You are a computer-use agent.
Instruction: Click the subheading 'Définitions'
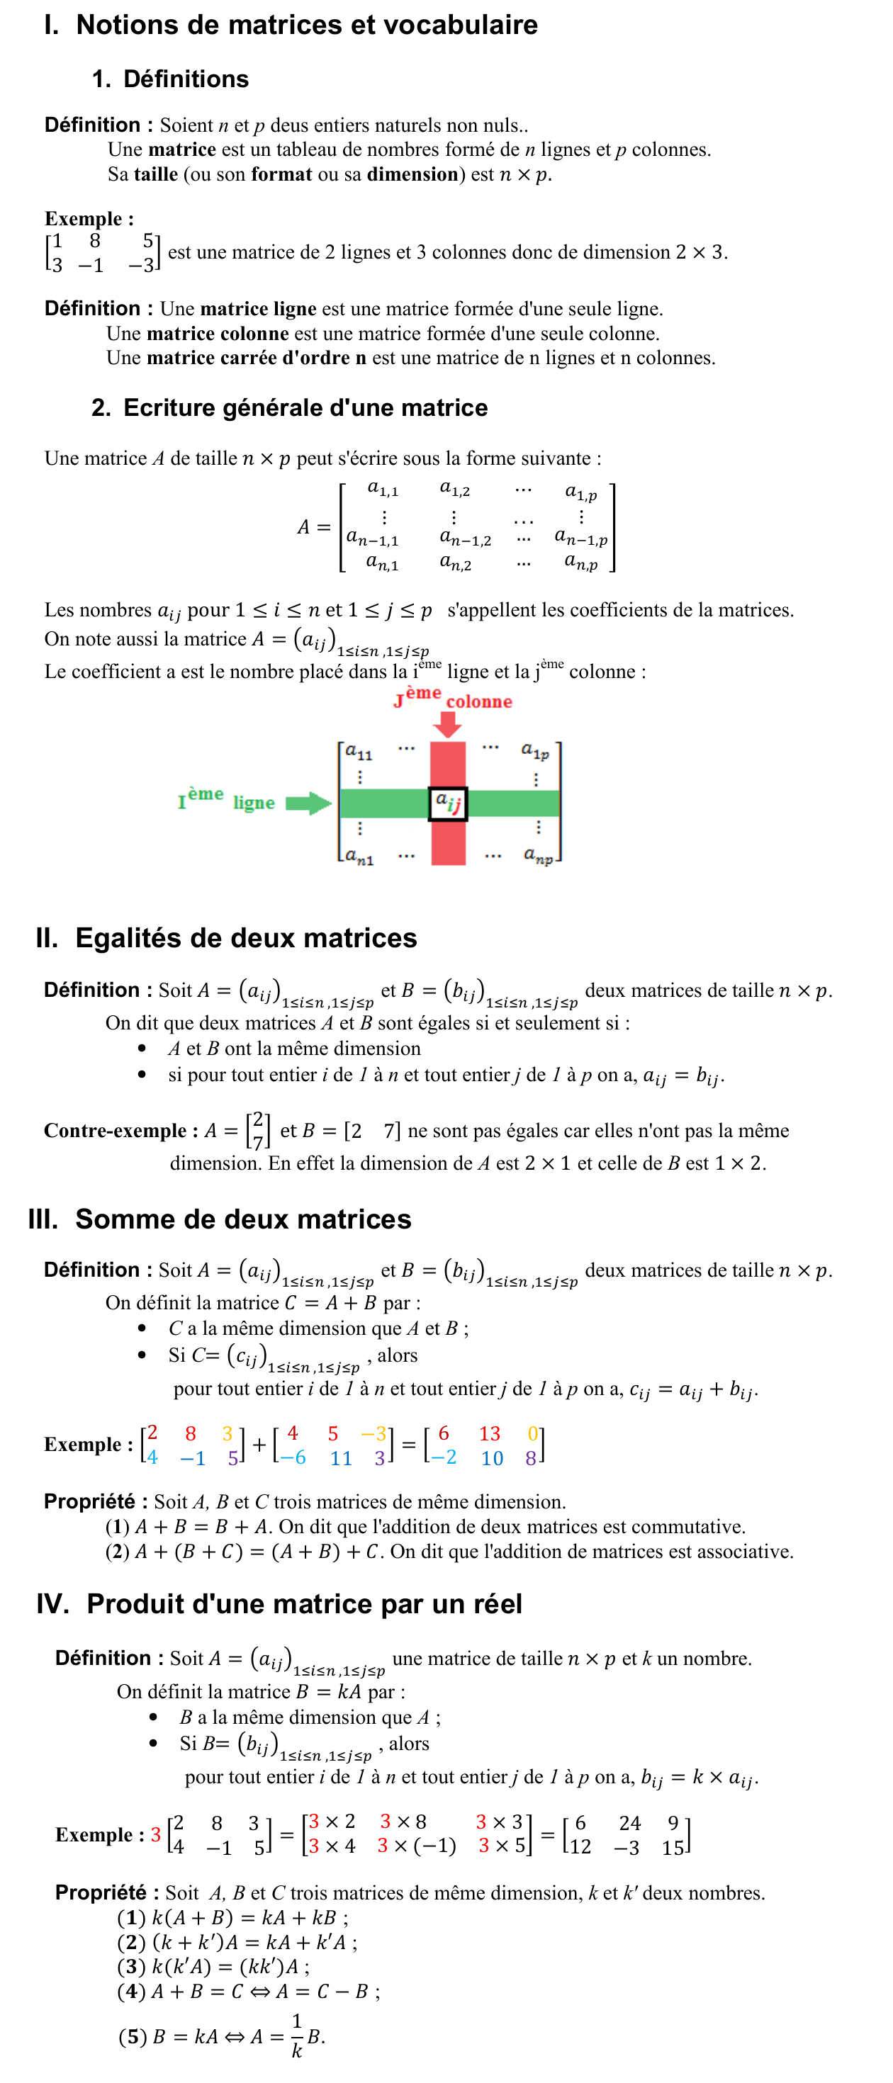coord(185,79)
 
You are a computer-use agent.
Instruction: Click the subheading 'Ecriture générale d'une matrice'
coord(305,407)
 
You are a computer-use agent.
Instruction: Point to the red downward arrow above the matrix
coord(447,723)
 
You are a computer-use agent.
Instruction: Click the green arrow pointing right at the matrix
coord(308,803)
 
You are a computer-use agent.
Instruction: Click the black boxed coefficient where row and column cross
coord(447,803)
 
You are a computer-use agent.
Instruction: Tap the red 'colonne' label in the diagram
coord(479,702)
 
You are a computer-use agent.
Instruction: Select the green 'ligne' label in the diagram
coord(254,803)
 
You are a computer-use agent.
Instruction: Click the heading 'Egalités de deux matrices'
coord(246,938)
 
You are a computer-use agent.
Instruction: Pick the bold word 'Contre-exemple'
coord(115,1131)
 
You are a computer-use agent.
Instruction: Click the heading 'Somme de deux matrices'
coord(242,1219)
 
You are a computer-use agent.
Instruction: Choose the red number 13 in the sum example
coord(489,1434)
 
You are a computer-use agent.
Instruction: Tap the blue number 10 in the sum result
coord(492,1458)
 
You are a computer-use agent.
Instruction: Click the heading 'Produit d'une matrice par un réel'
coord(304,1604)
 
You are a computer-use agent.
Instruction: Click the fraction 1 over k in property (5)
coord(297,2036)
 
